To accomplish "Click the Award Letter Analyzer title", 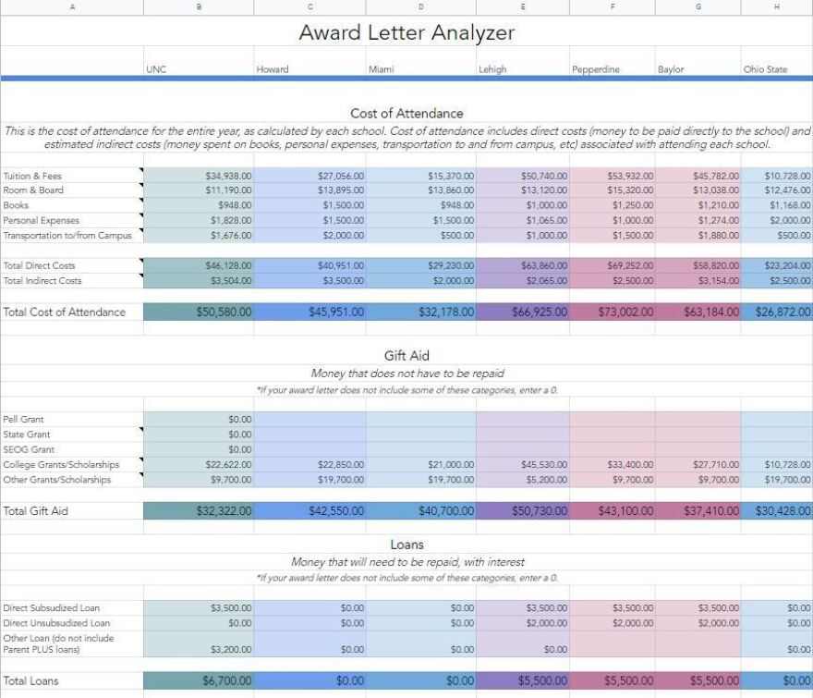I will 406,33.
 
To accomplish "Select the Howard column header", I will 273,69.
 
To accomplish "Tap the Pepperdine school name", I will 596,69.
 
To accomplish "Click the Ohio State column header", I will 766,69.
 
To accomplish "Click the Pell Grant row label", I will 24,420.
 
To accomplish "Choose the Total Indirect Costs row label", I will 42,280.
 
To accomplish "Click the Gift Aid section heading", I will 406,356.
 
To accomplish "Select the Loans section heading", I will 406,545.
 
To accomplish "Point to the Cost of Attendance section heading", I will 406,114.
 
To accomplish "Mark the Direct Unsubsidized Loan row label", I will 52,623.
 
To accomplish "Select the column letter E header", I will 523,7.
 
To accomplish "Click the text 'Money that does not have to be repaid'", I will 406,373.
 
